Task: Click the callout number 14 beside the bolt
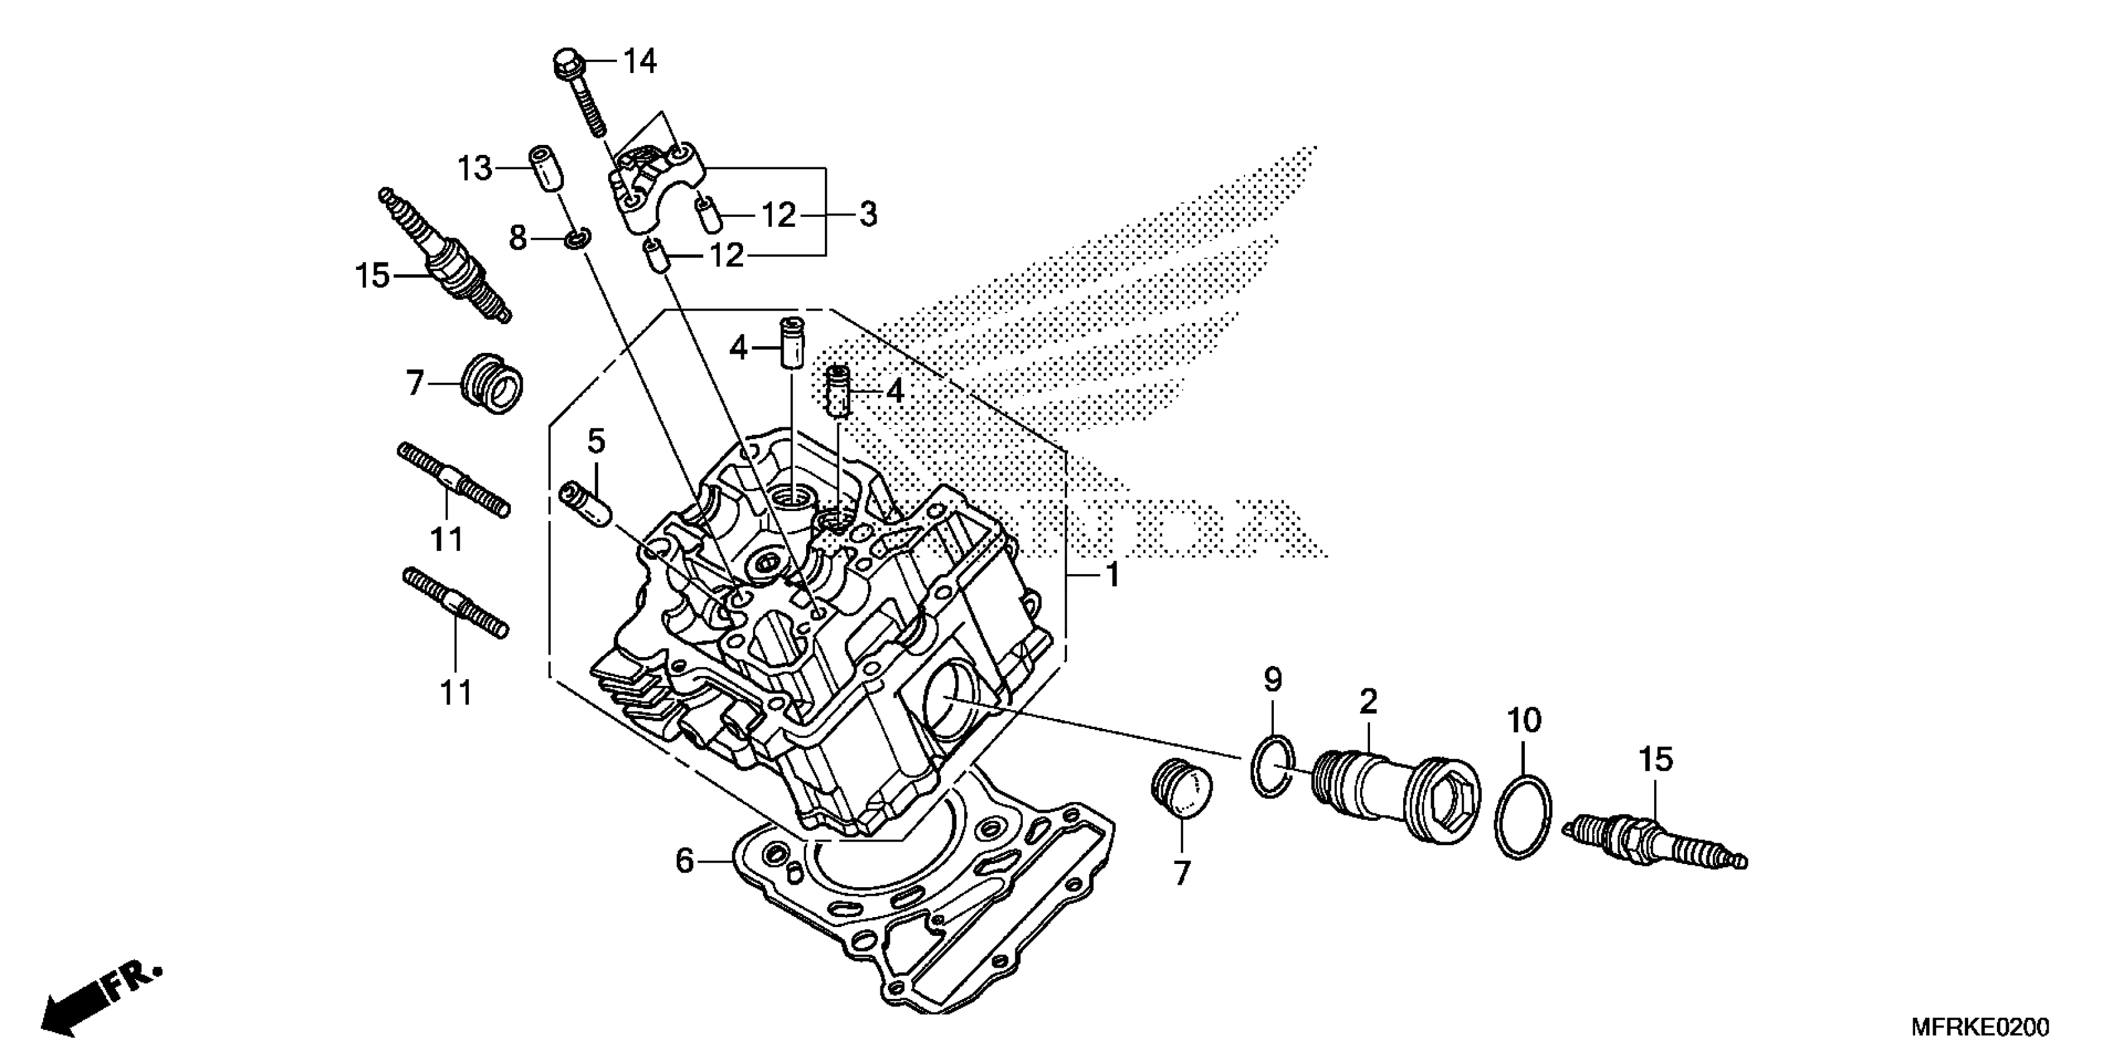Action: coord(639,61)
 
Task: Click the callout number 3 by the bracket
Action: coord(868,214)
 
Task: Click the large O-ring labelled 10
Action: coord(1524,815)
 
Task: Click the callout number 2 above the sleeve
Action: coord(1368,702)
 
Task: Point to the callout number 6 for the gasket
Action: coord(685,861)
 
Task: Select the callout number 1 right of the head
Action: coord(1112,575)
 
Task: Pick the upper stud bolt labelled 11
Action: coord(454,480)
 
